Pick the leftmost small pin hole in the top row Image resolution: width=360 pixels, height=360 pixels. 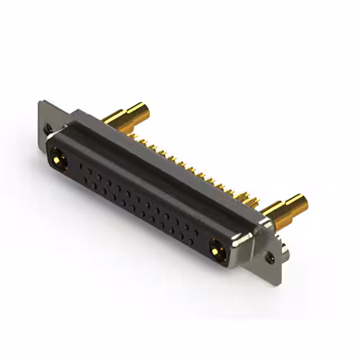point(82,166)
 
